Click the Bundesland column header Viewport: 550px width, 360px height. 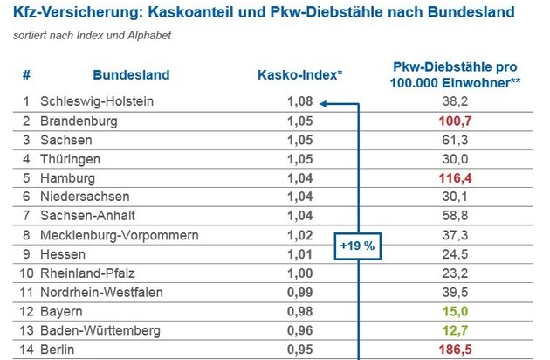point(131,75)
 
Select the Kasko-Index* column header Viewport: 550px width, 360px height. point(299,75)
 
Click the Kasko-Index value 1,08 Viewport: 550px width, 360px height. point(299,101)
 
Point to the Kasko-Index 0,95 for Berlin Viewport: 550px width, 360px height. point(299,349)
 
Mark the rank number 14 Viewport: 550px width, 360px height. point(26,349)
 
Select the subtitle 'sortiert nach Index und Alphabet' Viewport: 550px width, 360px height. point(93,36)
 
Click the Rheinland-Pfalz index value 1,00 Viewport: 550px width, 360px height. point(299,273)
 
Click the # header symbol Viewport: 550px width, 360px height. point(26,75)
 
